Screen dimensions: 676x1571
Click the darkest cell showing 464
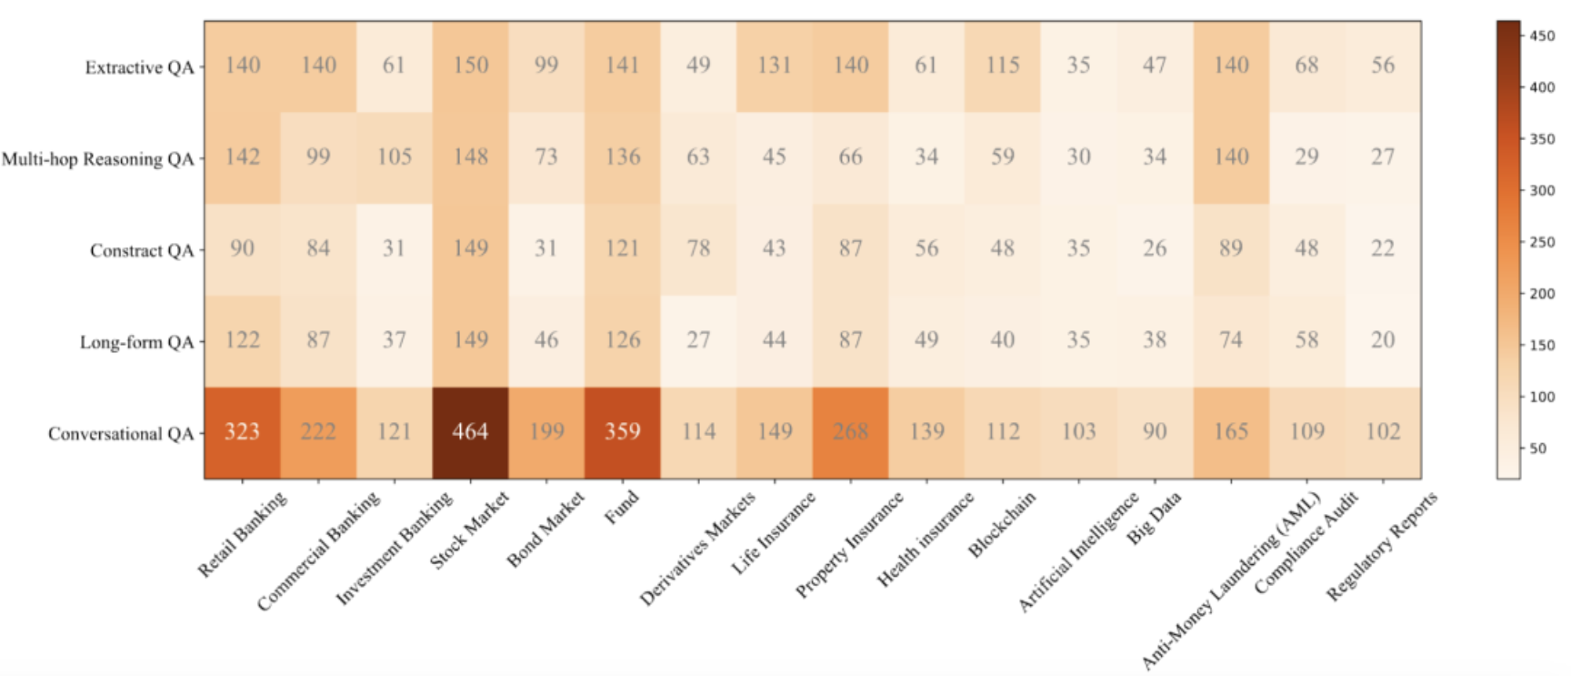click(470, 432)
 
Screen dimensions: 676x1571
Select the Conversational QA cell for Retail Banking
click(242, 432)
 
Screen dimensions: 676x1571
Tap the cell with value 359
click(623, 432)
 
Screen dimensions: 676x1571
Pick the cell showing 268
click(850, 432)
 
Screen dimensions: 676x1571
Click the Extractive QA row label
click(139, 67)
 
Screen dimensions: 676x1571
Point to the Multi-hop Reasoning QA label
click(98, 159)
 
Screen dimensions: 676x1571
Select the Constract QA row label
click(142, 250)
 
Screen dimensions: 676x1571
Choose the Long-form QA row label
click(136, 342)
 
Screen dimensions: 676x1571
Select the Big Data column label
click(1154, 518)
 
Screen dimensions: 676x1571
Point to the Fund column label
click(622, 507)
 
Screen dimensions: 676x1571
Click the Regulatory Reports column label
click(1382, 546)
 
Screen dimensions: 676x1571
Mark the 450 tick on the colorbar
click(1542, 35)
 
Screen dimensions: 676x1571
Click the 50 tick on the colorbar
click(1538, 448)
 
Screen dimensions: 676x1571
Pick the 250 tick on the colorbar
click(1542, 242)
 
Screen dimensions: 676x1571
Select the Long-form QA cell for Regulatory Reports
click(1382, 340)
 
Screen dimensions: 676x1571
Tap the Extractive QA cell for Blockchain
click(1002, 66)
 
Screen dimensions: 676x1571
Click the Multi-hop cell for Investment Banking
click(395, 157)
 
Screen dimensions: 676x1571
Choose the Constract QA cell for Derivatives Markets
click(698, 248)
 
